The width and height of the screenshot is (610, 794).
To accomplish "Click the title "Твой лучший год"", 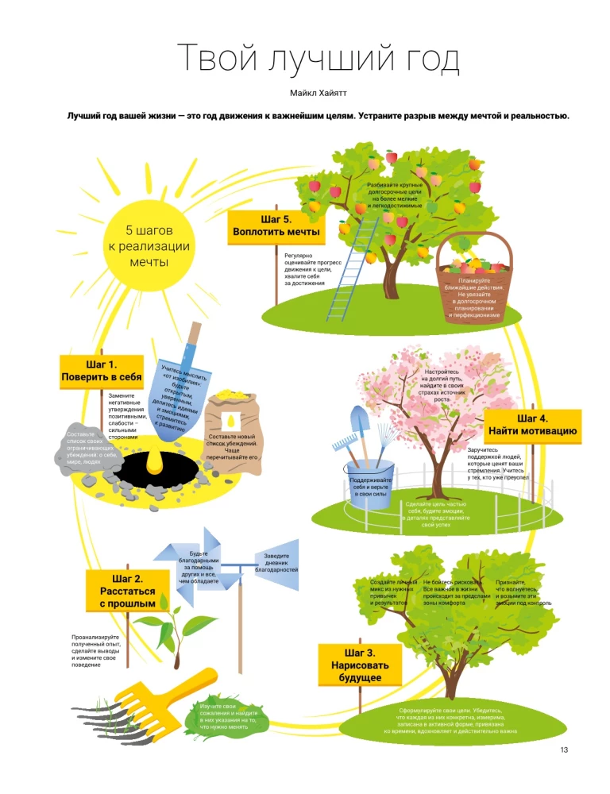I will pos(318,60).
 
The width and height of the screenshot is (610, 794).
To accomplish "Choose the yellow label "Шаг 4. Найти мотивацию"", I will pos(532,426).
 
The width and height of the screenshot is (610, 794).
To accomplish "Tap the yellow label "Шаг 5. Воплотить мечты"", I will pos(276,225).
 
